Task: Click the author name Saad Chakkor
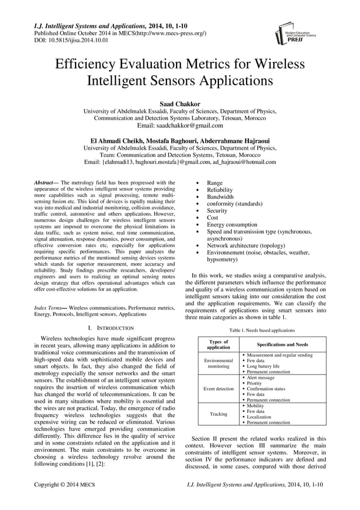coord(179,104)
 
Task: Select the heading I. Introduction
coord(107,328)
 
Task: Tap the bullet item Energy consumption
coord(232,225)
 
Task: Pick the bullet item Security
coord(217,211)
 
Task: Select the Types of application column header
coord(218,344)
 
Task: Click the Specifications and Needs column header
coord(282,344)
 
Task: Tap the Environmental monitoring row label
coord(218,363)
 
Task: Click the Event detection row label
coord(218,389)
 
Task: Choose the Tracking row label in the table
coord(218,414)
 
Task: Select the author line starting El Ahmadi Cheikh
coord(179,140)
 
